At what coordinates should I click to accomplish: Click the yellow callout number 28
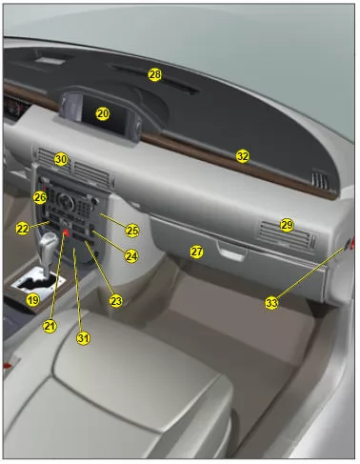point(154,74)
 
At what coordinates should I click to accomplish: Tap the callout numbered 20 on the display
point(103,113)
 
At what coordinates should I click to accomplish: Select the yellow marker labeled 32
point(243,156)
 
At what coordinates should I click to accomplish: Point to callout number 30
point(61,159)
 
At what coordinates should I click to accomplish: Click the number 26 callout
point(40,197)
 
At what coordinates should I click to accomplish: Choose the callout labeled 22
point(23,229)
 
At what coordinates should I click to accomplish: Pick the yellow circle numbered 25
point(132,231)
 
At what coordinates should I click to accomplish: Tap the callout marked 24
point(131,256)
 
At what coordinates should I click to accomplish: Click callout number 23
point(116,301)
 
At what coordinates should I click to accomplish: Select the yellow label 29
point(287,225)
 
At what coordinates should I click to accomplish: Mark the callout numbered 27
point(197,252)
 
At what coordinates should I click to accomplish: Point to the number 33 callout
point(271,303)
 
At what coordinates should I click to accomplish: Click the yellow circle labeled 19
point(33,299)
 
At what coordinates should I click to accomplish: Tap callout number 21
point(50,326)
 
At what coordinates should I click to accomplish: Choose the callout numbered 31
point(83,338)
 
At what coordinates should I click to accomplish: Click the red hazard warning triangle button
point(66,232)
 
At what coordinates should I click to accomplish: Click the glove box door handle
point(232,251)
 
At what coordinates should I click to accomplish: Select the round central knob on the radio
point(66,201)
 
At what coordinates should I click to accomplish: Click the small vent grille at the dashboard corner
point(320,180)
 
